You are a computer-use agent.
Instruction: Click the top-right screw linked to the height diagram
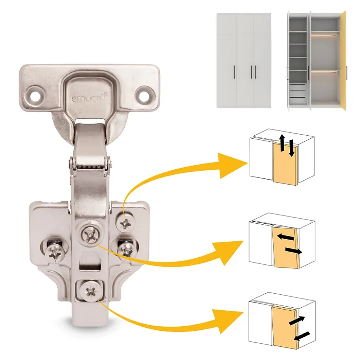coord(125,222)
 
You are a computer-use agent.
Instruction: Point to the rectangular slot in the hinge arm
coord(90,267)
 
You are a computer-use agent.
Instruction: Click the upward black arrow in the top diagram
coord(282,143)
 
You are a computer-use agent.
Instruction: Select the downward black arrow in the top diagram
coord(291,148)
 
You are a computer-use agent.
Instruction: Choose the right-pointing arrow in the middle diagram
coord(294,251)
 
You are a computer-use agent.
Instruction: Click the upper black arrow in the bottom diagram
coord(297,320)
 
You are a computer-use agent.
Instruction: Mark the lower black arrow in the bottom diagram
coord(302,336)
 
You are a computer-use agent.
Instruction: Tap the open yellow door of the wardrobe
coord(343,61)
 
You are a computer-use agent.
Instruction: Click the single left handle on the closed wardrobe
coord(235,72)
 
